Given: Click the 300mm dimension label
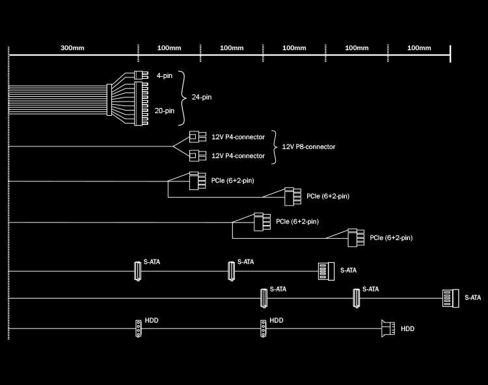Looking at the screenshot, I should click(72, 48).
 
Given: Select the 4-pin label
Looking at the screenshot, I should click(165, 75).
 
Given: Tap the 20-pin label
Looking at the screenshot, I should click(165, 111).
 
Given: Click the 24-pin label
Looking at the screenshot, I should click(202, 97).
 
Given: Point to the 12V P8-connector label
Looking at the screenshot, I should click(308, 146).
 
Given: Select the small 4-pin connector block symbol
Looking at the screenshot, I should click(138, 75).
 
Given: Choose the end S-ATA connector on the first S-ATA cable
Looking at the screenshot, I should click(325, 270).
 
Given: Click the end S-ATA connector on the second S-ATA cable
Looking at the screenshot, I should click(450, 298).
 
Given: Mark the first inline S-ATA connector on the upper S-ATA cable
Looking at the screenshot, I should click(137, 271).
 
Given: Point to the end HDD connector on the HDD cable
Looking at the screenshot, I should click(388, 328).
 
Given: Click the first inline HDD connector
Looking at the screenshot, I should click(138, 329).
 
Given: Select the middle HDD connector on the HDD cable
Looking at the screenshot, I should click(263, 329).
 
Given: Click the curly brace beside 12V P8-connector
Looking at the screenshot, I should click(275, 146).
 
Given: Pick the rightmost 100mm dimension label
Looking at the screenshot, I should click(418, 48).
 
